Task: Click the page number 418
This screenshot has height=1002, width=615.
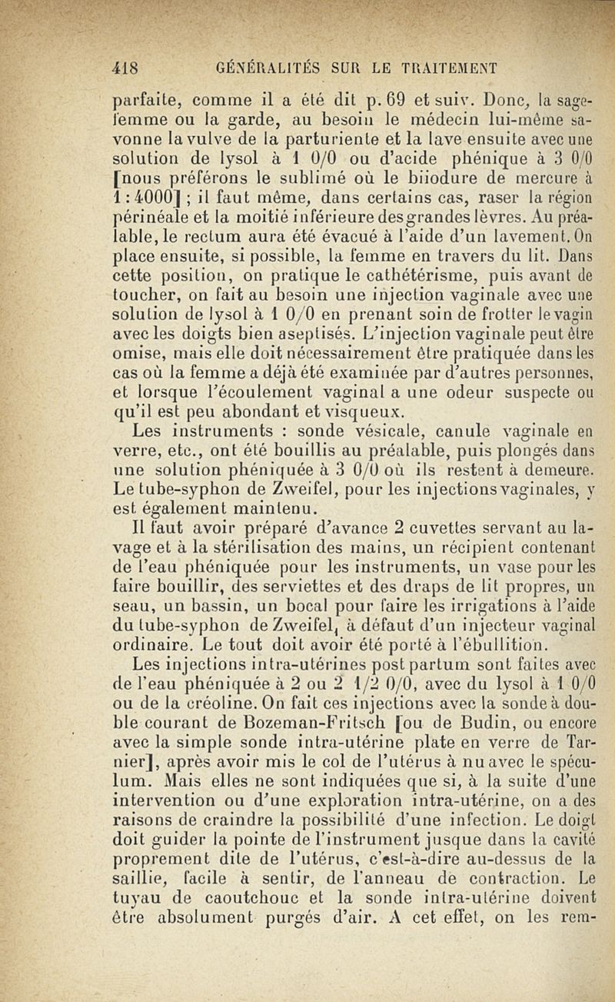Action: (125, 67)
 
